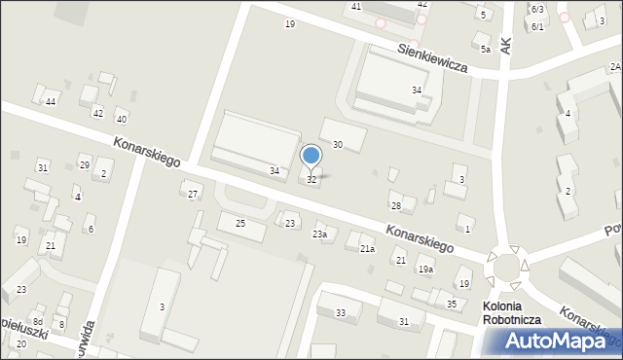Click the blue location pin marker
click(311, 156)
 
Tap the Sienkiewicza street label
click(432, 58)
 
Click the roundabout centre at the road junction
click(506, 265)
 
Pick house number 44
click(51, 102)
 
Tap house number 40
click(121, 120)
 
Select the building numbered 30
click(337, 145)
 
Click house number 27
click(193, 195)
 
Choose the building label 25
click(240, 225)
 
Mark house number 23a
click(319, 234)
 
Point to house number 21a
click(367, 249)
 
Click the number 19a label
click(425, 270)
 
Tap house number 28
click(395, 206)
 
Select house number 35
click(451, 305)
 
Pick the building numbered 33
click(340, 312)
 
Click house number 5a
click(484, 48)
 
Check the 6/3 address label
click(537, 9)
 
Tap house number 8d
click(37, 321)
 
